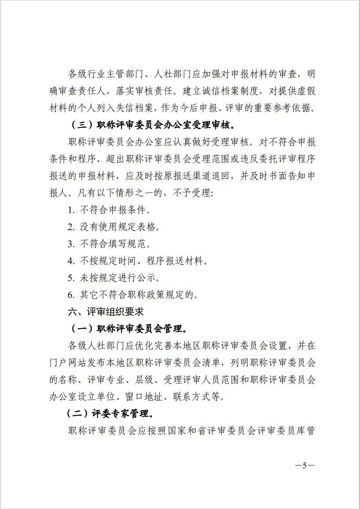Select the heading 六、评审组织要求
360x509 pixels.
point(106,312)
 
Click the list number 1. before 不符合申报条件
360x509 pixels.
point(71,210)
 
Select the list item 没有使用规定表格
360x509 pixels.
point(119,227)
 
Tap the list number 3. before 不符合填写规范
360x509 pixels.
point(71,244)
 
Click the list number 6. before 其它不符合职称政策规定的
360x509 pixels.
point(71,295)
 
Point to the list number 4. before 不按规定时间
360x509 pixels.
point(71,261)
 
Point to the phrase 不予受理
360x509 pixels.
point(190,193)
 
